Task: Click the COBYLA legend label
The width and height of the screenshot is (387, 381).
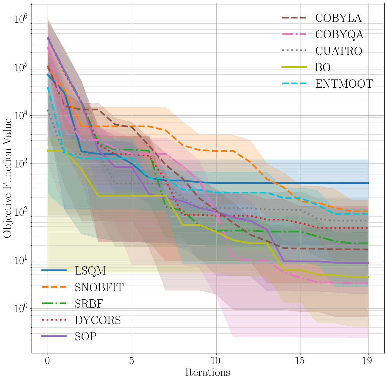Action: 338,18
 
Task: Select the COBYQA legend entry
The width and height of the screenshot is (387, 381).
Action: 339,35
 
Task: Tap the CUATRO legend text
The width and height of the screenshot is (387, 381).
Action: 338,51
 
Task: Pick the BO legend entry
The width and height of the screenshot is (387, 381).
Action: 323,67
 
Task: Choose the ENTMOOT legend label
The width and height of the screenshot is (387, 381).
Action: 344,84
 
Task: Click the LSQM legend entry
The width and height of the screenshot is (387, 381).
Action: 90,271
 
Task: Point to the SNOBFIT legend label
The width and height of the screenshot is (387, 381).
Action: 99,287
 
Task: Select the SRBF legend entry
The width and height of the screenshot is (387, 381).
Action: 89,303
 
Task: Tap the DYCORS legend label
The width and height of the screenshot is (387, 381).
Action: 98,320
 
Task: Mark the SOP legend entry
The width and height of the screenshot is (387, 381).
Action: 86,336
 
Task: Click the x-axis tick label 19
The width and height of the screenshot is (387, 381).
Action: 368,361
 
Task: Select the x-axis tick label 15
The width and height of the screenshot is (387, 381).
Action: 301,361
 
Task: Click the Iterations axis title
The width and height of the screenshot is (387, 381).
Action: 207,372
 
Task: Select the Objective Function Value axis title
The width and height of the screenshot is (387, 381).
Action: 7,178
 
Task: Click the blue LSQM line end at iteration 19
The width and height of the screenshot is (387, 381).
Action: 368,183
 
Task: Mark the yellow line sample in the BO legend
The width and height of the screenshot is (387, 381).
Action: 294,67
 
